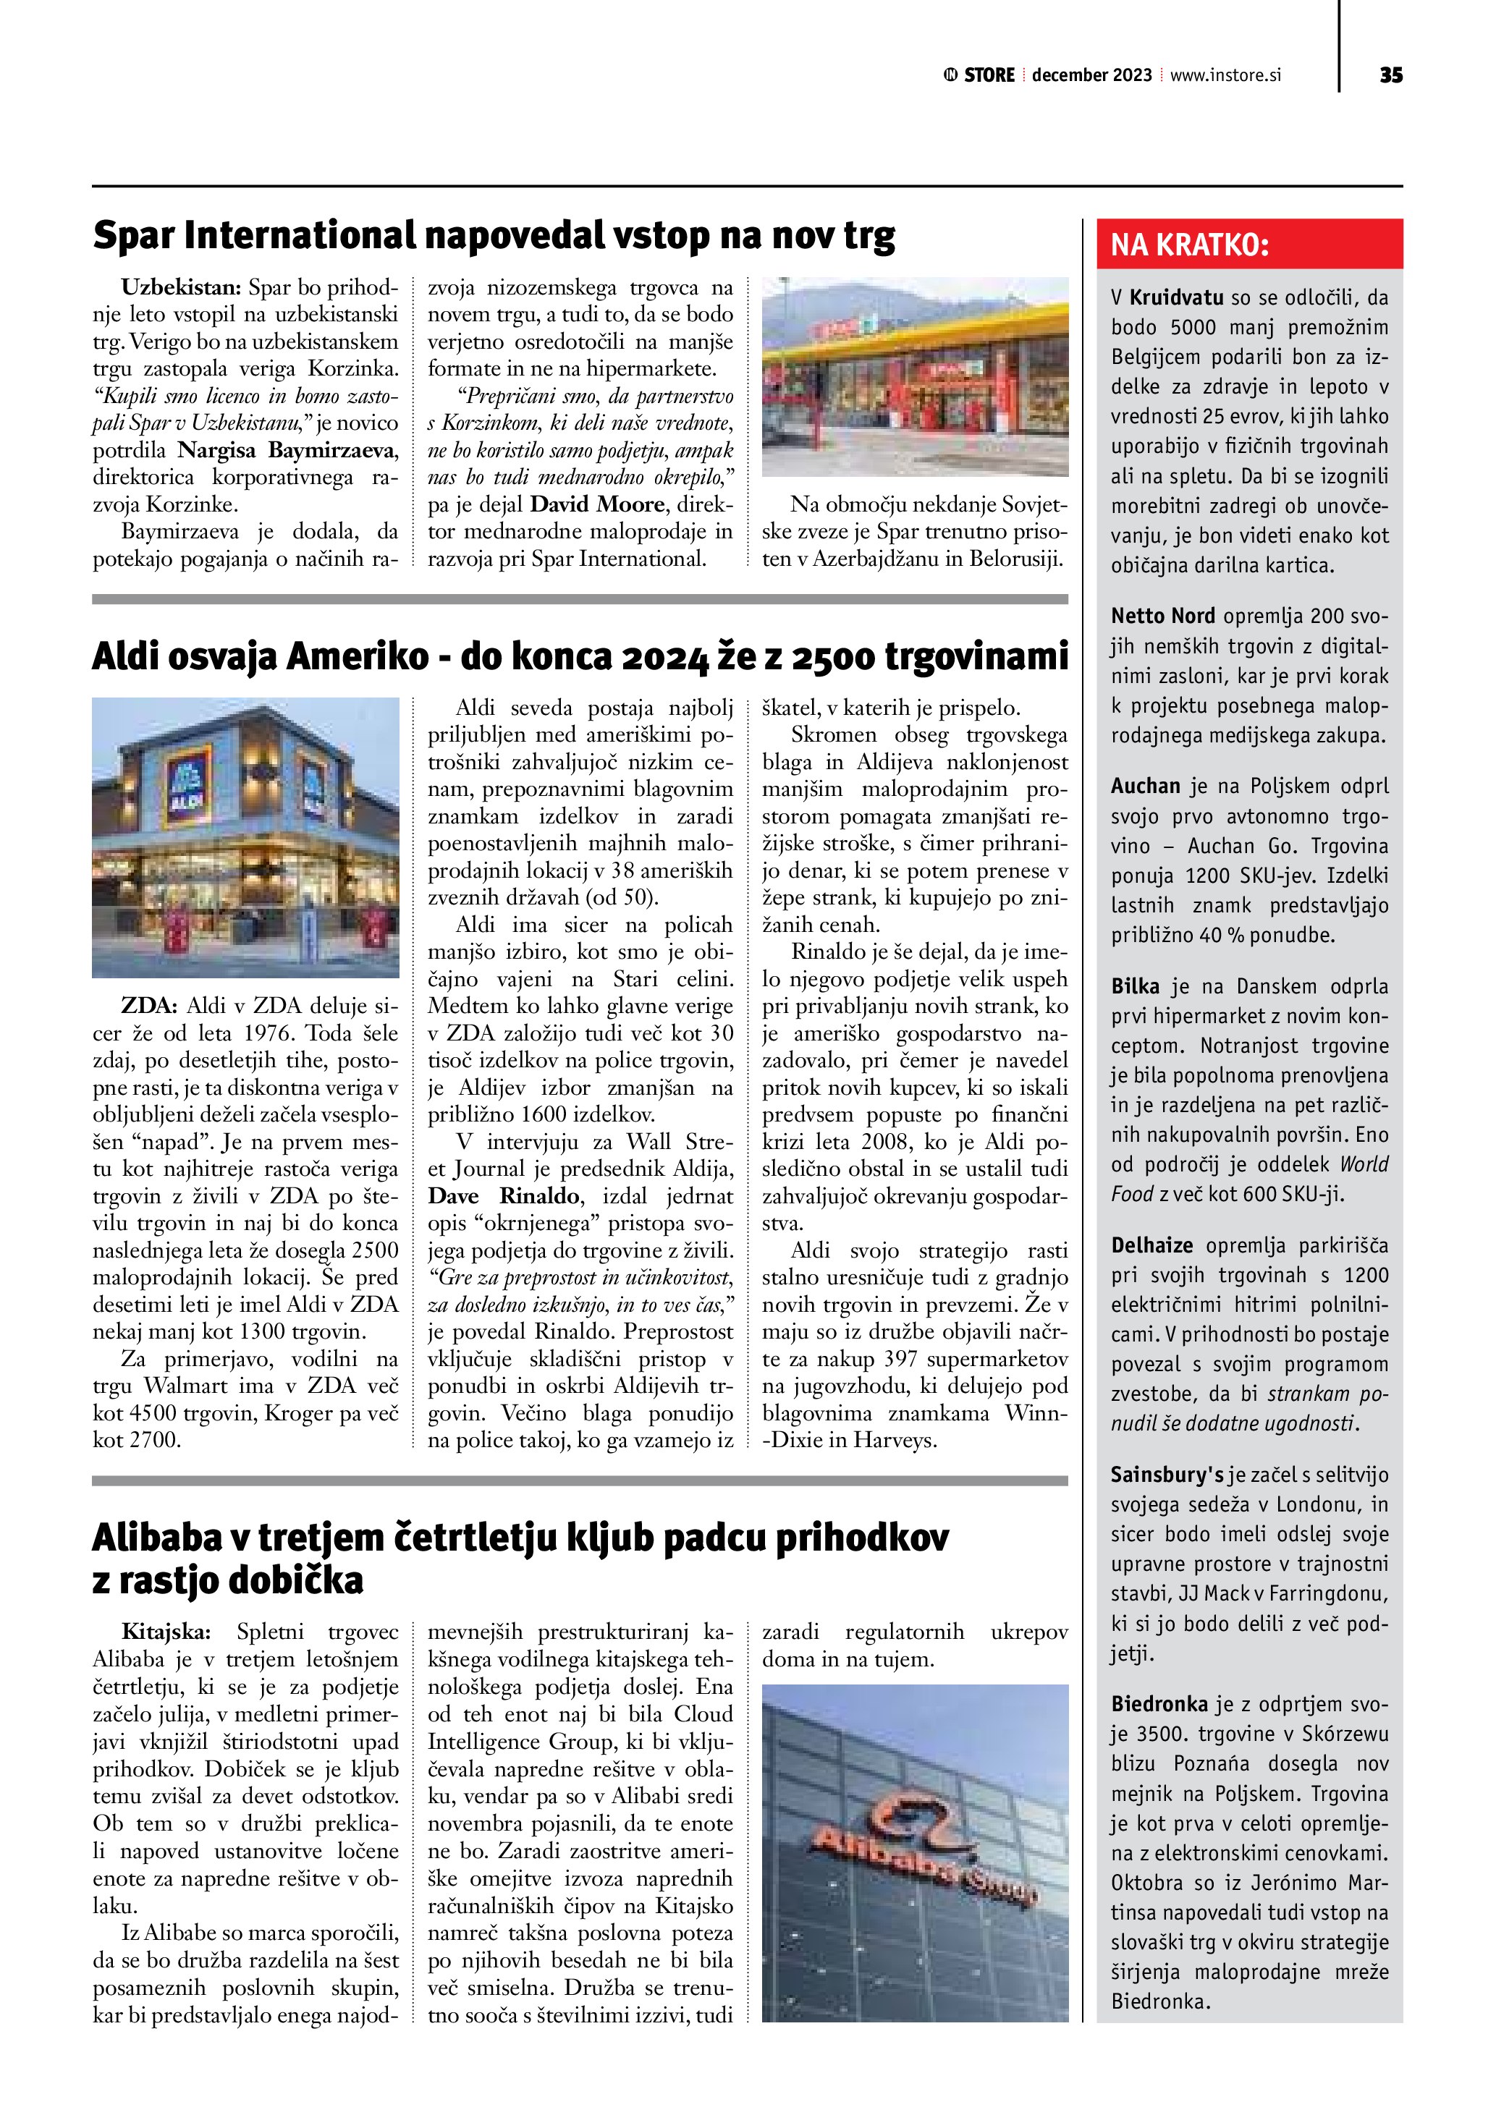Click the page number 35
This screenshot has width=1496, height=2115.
point(1391,75)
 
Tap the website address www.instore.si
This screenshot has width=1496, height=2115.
point(1225,75)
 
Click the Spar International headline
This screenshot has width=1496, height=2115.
point(494,236)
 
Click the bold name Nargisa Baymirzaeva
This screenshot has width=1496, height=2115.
point(287,451)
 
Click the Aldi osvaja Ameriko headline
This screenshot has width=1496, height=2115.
point(580,657)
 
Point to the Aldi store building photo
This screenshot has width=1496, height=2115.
point(246,836)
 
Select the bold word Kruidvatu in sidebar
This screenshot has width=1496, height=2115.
point(1176,298)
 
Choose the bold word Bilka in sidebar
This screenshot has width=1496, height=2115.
point(1135,986)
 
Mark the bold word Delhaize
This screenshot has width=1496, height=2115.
point(1151,1246)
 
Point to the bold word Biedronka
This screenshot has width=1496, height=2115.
point(1159,1704)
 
